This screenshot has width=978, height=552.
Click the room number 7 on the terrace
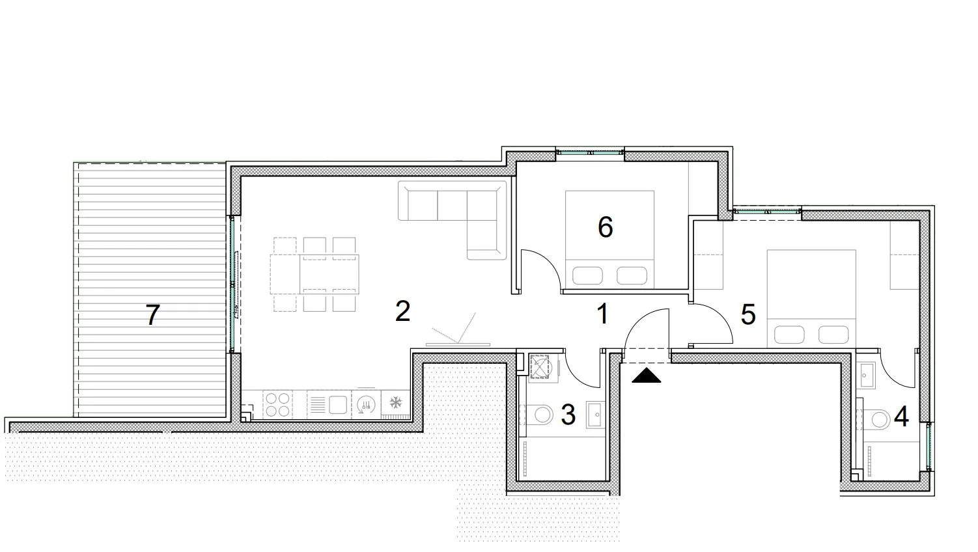(152, 315)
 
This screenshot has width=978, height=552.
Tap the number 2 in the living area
(402, 311)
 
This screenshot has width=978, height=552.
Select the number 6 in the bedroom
(605, 227)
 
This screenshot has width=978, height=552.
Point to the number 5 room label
(748, 314)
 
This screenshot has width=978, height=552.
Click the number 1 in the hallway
(603, 314)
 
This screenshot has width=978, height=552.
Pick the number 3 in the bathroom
(568, 415)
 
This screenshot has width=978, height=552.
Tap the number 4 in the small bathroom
(902, 417)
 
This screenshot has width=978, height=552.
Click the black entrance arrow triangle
(646, 376)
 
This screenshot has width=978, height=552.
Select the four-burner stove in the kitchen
(277, 404)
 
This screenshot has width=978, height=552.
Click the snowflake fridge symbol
(396, 402)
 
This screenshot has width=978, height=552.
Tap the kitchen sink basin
(337, 405)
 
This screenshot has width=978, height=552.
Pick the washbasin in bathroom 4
(865, 376)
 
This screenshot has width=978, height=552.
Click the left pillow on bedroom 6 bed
(587, 275)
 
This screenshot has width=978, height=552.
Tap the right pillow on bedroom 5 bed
(833, 335)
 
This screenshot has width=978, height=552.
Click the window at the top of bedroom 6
(590, 153)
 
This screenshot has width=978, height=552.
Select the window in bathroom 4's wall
(929, 446)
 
